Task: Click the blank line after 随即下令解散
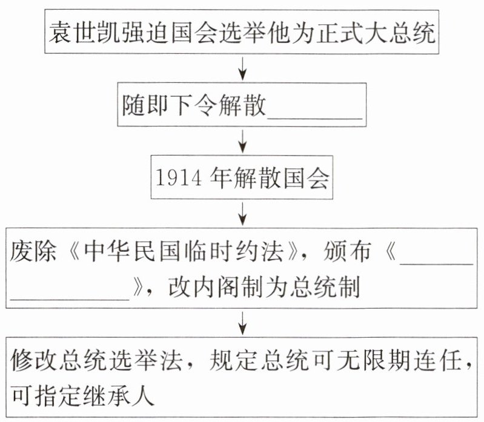pyautogui.click(x=315, y=112)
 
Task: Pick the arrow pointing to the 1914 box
pyautogui.click(x=242, y=143)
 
